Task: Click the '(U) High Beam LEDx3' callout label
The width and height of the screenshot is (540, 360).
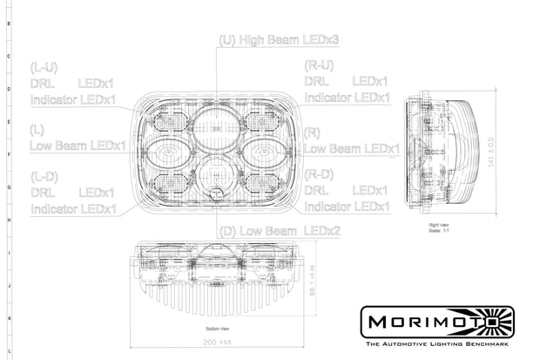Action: [x=280, y=40]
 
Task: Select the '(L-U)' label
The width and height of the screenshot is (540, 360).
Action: [x=44, y=66]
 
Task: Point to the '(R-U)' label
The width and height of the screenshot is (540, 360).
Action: [x=319, y=65]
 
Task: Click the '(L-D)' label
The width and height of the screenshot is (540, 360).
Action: [x=44, y=175]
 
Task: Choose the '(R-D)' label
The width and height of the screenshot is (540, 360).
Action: [x=319, y=175]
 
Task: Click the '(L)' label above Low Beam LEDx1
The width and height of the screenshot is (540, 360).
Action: [x=37, y=129]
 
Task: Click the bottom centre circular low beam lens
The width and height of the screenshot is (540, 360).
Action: [x=213, y=173]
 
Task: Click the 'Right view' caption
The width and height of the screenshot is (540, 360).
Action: [x=439, y=224]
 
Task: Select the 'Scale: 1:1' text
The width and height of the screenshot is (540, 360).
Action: [x=439, y=230]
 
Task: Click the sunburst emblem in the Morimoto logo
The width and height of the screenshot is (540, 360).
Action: [x=500, y=321]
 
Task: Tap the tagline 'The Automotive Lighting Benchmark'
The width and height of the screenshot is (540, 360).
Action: [x=437, y=346]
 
